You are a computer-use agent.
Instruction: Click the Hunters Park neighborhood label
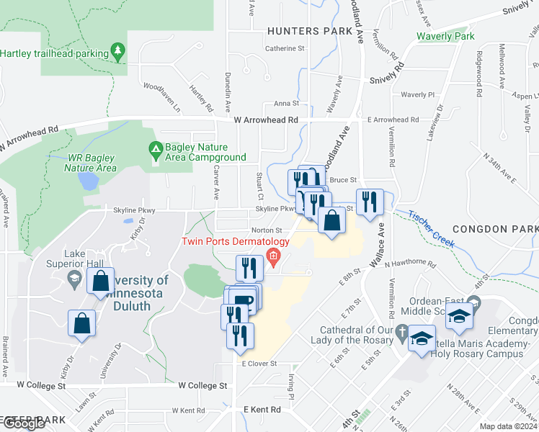(x=310, y=31)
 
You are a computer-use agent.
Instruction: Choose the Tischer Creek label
(x=431, y=229)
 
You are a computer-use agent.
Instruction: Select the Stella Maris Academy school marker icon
(x=421, y=338)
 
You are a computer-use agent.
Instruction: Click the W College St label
(x=202, y=386)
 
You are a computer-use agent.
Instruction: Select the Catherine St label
(x=285, y=49)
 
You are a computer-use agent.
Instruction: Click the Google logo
(x=24, y=423)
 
